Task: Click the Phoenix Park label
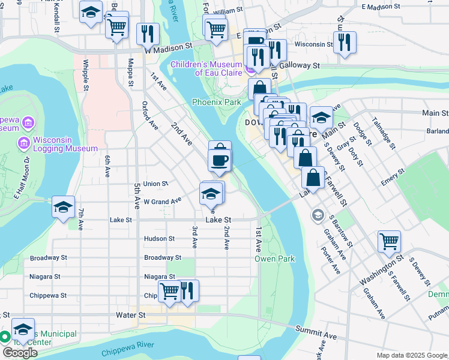click(x=216, y=103)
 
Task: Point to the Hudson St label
click(x=159, y=238)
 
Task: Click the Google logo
click(x=19, y=352)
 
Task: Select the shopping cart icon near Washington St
click(x=390, y=241)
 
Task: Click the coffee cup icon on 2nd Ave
click(x=219, y=160)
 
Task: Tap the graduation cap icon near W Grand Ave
click(x=211, y=193)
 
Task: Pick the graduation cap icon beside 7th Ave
click(x=63, y=206)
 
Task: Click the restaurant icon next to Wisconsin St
click(x=345, y=42)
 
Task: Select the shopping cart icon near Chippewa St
click(x=169, y=291)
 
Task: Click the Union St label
click(x=155, y=184)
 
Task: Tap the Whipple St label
click(x=86, y=71)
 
